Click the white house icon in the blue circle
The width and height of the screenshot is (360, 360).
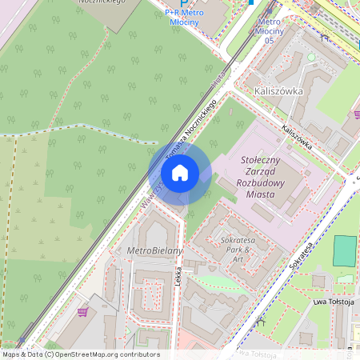click(180, 172)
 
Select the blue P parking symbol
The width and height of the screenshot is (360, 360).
click(183, 4)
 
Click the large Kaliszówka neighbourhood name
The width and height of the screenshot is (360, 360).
click(278, 91)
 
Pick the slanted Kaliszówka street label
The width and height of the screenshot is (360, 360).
click(295, 138)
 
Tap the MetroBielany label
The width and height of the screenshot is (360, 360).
click(155, 250)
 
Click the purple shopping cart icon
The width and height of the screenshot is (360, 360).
click(82, 312)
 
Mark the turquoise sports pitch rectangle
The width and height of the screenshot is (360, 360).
click(345, 251)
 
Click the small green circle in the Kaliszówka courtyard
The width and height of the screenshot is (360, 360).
click(311, 58)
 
